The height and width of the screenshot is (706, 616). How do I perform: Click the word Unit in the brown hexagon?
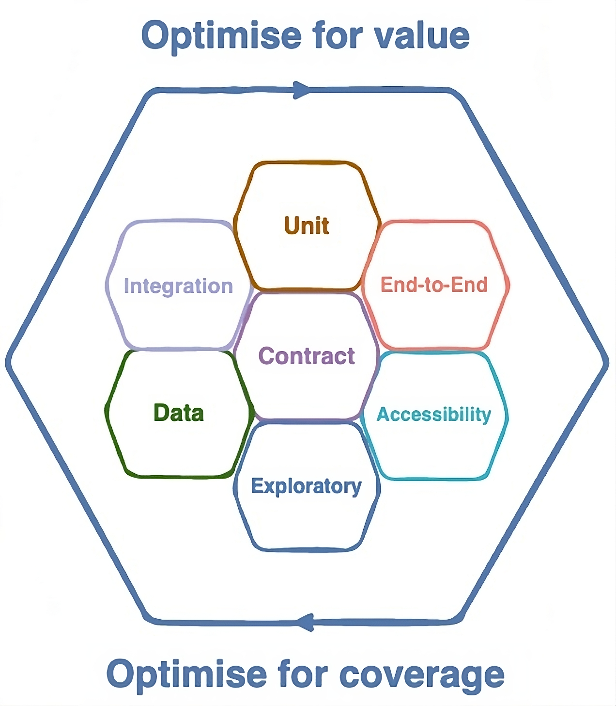pos(307,226)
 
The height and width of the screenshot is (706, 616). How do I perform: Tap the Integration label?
pos(178,286)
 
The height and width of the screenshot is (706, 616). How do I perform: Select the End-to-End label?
pos(434,285)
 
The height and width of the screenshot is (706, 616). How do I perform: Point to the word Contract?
pos(307,356)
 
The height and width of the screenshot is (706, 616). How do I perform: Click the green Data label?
pos(179,413)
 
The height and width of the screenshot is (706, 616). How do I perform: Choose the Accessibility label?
pos(434,415)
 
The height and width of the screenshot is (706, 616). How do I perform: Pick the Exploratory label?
pos(306,486)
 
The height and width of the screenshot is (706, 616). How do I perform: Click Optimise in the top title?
pos(221,36)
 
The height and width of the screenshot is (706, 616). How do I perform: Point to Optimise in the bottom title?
pos(186,674)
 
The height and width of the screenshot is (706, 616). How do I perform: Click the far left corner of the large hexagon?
pos(8,362)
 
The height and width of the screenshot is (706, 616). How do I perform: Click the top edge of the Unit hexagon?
pos(307,163)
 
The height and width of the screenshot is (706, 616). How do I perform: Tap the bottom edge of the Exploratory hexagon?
pos(307,550)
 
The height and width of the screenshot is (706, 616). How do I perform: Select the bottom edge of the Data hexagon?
pos(179,476)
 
